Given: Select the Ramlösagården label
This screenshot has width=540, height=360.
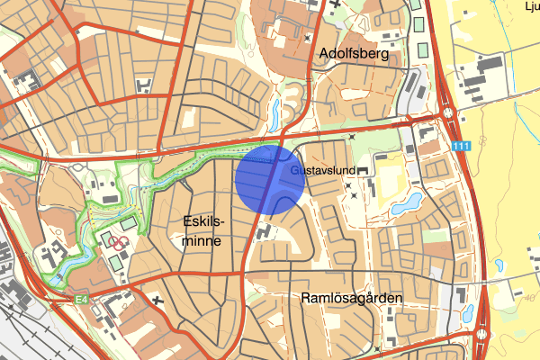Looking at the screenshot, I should click(347, 298).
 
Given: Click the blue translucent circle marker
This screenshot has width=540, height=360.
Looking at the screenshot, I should click(270, 178).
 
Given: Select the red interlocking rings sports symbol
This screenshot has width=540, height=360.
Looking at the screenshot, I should click(116, 241).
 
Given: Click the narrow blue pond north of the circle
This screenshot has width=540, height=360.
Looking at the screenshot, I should click(274, 112).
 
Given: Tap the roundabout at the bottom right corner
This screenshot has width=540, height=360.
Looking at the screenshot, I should click(484, 337).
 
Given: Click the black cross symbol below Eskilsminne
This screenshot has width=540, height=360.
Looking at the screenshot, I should click(158, 301).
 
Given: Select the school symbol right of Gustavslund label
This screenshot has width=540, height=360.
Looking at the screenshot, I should click(362, 170).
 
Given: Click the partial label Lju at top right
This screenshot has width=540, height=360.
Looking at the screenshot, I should click(531, 5).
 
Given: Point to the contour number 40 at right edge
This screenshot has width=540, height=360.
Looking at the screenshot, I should click(531, 297).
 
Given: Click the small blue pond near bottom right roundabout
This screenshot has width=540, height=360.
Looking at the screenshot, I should click(467, 313).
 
